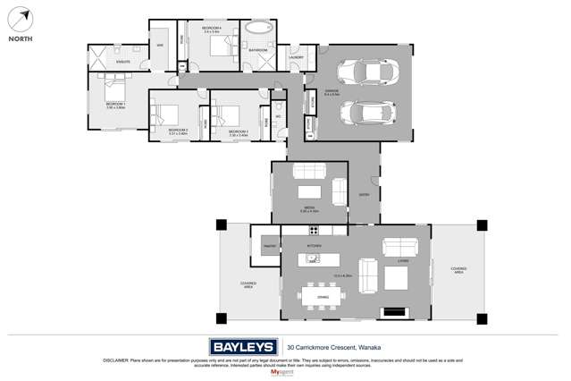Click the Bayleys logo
243,347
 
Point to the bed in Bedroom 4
220,46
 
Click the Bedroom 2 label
178,131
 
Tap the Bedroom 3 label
238,131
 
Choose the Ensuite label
122,62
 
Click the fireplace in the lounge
393,313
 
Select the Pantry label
268,244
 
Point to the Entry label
364,194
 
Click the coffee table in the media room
309,191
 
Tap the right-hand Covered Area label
458,269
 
